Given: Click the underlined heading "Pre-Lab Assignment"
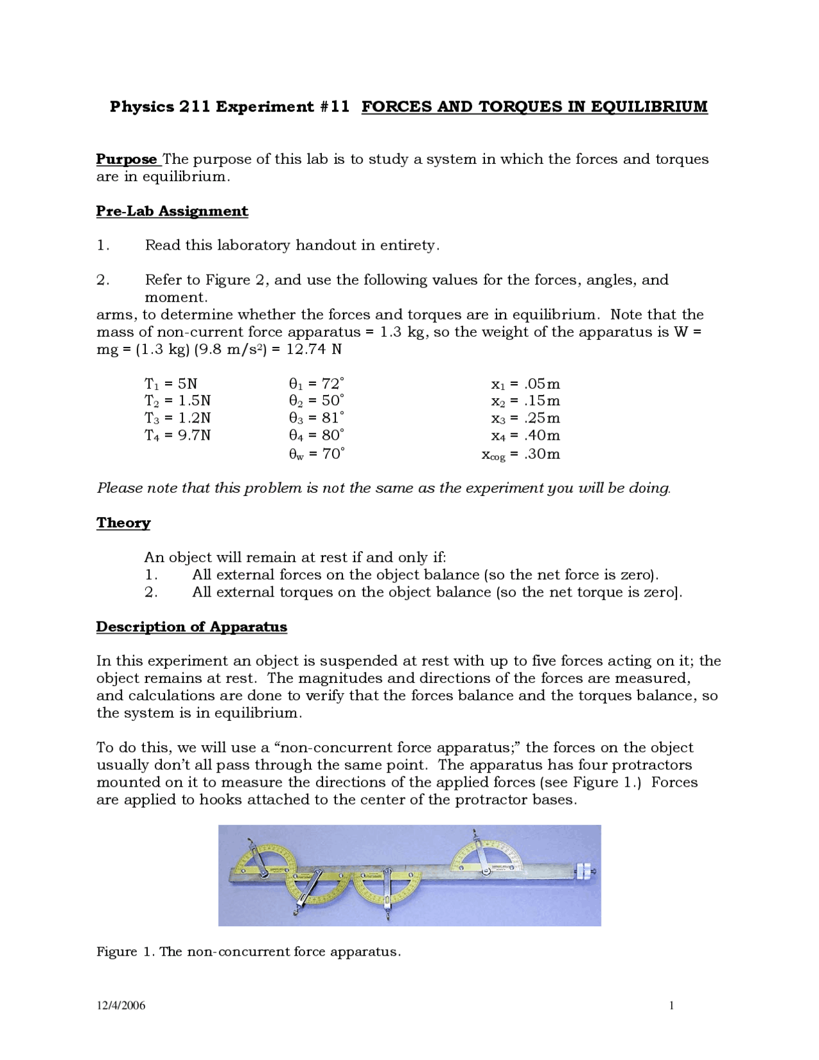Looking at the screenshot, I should [x=172, y=211].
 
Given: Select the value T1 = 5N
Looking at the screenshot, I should [x=171, y=384].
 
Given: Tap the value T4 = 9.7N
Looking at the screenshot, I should [x=177, y=436].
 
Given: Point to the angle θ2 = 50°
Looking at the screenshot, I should [x=317, y=401].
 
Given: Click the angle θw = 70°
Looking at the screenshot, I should [x=317, y=454].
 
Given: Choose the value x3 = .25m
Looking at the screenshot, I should [x=525, y=419].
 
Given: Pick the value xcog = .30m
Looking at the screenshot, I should [x=521, y=454].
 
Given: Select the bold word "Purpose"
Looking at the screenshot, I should [x=127, y=159].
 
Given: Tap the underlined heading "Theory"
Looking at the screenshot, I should [x=123, y=523].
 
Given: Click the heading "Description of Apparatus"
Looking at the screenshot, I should [x=191, y=627].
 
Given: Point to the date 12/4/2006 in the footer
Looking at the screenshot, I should [x=121, y=1006].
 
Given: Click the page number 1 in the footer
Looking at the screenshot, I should [x=671, y=1006].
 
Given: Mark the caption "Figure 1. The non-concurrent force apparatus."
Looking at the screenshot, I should [x=248, y=952].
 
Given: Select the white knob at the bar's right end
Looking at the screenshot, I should [x=585, y=872].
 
